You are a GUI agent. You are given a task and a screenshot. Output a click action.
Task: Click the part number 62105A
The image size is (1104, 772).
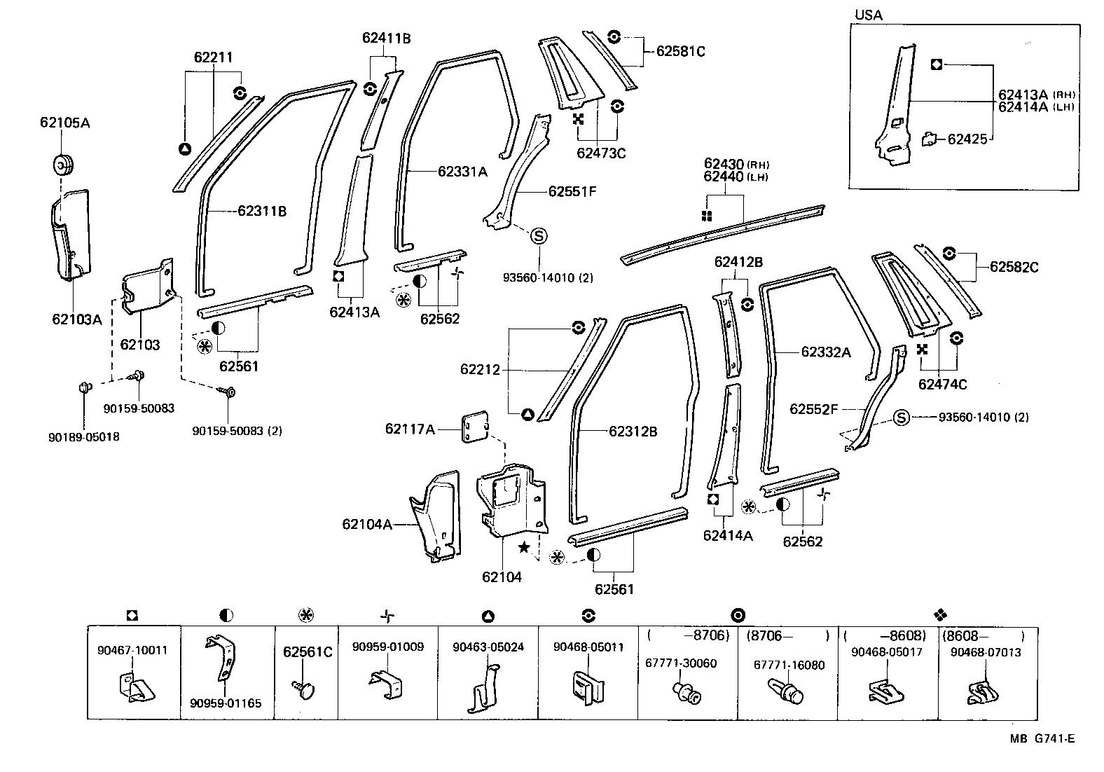click(64, 123)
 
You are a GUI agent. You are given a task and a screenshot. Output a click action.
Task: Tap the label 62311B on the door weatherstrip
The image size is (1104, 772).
click(261, 211)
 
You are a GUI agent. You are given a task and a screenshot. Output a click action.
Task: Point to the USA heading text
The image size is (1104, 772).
click(869, 15)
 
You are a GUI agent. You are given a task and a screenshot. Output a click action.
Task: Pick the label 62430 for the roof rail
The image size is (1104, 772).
click(724, 164)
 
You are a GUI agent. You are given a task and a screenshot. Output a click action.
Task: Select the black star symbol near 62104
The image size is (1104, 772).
click(523, 547)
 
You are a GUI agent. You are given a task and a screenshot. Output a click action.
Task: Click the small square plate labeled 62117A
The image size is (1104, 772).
click(474, 428)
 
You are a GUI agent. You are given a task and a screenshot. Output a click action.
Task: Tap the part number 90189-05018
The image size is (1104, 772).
click(84, 437)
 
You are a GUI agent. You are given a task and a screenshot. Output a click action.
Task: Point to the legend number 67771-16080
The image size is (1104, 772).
click(789, 665)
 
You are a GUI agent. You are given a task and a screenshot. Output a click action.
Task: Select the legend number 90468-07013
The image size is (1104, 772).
click(986, 652)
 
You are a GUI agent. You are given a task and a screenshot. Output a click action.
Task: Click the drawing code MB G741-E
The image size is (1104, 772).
click(1042, 738)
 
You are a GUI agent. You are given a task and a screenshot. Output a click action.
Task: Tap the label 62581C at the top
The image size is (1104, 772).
click(680, 51)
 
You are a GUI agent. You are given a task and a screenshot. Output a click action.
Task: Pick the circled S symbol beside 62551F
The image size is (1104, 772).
click(539, 236)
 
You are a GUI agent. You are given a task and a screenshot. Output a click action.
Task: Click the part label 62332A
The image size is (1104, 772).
click(826, 352)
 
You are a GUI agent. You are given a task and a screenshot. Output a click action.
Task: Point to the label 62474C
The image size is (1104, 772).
click(942, 384)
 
